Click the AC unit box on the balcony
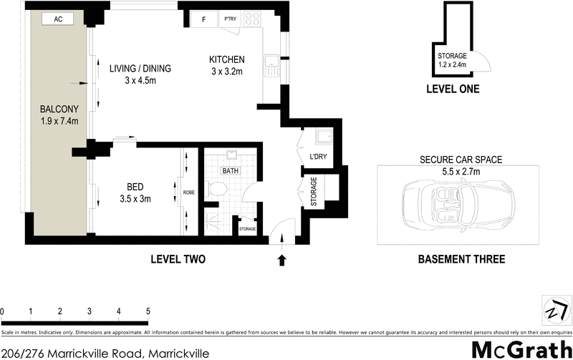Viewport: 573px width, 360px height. tap(58, 20)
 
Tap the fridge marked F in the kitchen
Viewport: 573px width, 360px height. tap(204, 20)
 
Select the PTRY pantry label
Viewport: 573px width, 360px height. tap(230, 19)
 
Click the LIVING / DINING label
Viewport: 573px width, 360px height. tap(140, 69)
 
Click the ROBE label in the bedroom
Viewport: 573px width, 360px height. tap(188, 193)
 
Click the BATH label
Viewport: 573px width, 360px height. tap(230, 172)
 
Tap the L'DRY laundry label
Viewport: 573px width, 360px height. tap(318, 157)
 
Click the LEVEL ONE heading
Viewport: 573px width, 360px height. tap(452, 89)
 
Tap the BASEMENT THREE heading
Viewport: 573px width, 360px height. tap(461, 259)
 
